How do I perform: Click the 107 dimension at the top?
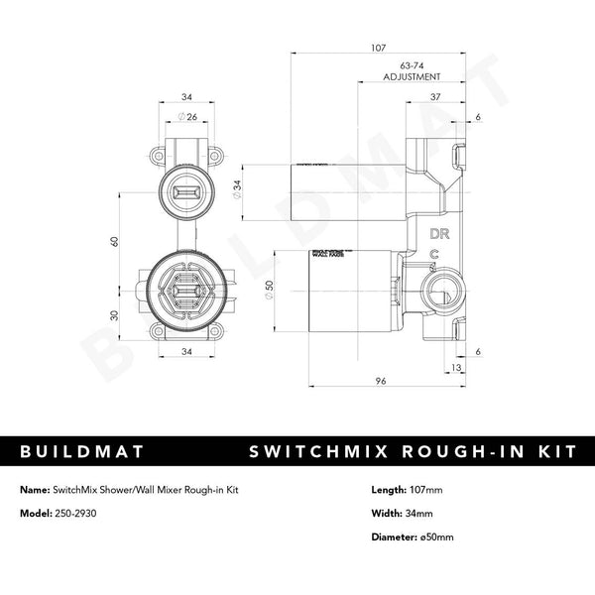[x=378, y=48]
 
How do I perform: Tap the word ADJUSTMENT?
[x=398, y=76]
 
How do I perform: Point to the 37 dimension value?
[x=434, y=96]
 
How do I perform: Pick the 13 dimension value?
[x=455, y=367]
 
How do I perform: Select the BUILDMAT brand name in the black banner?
[x=81, y=452]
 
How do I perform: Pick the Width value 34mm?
[x=423, y=515]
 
